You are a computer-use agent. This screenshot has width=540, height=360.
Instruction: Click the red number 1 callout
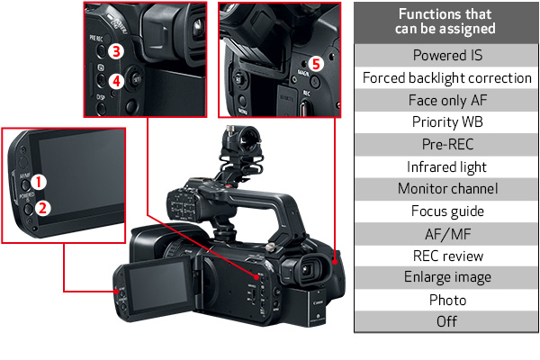pyautogui.click(x=39, y=182)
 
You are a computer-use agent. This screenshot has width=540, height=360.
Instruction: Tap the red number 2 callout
pyautogui.click(x=42, y=208)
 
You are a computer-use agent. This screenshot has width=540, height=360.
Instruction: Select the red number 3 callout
pyautogui.click(x=116, y=51)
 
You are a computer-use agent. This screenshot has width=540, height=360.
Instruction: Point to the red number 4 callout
pyautogui.click(x=116, y=82)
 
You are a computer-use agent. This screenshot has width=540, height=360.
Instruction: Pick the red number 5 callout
pyautogui.click(x=316, y=64)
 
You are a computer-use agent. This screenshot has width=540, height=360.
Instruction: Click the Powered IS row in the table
pyautogui.click(x=446, y=55)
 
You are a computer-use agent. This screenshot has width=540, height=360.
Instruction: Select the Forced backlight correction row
pyautogui.click(x=446, y=78)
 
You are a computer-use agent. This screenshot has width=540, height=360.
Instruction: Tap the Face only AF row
pyautogui.click(x=446, y=100)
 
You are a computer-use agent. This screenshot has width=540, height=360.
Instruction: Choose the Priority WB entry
pyautogui.click(x=446, y=122)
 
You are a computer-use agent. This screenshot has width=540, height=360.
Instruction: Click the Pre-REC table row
pyautogui.click(x=446, y=145)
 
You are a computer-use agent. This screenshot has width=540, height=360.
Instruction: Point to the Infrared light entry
pyautogui.click(x=446, y=167)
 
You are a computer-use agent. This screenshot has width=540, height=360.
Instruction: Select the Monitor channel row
pyautogui.click(x=446, y=189)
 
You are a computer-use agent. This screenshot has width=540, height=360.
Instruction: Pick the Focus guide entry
pyautogui.click(x=446, y=211)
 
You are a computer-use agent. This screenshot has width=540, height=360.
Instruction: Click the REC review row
pyautogui.click(x=446, y=256)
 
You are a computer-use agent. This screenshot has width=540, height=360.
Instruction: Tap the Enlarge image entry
pyautogui.click(x=446, y=278)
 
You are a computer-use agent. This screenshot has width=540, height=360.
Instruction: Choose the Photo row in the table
pyautogui.click(x=446, y=300)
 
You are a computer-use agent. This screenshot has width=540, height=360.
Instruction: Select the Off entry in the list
pyautogui.click(x=446, y=322)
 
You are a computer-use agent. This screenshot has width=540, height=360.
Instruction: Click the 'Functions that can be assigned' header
pyautogui.click(x=446, y=22)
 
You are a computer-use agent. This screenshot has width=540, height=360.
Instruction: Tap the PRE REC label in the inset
pyautogui.click(x=96, y=38)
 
